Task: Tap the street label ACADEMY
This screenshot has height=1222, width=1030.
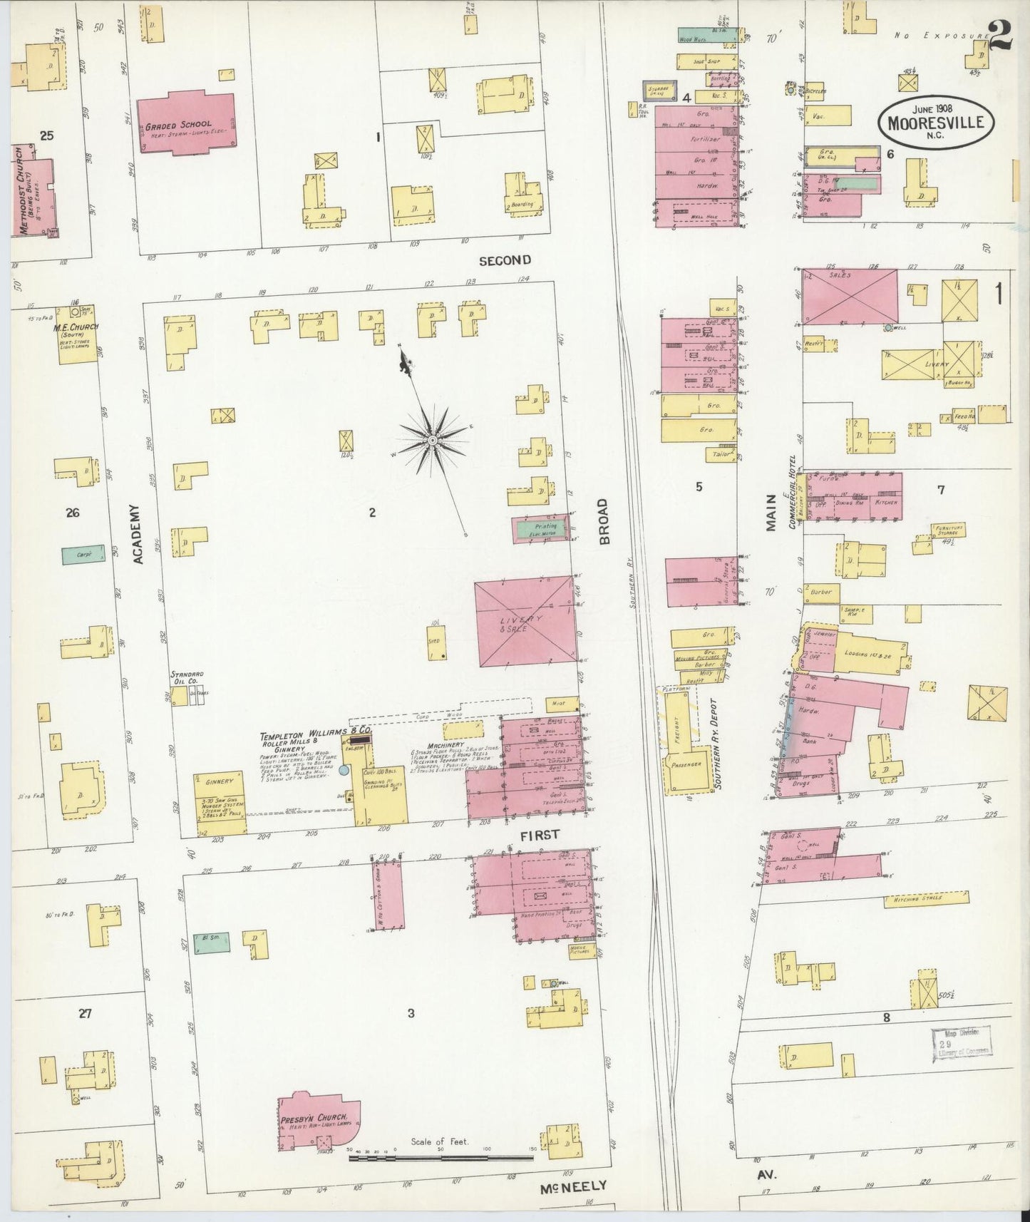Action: pos(139,535)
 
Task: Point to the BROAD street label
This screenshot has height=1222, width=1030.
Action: pos(603,522)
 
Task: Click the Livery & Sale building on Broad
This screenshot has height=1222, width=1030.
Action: pos(524,621)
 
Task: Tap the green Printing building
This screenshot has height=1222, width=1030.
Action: pos(542,530)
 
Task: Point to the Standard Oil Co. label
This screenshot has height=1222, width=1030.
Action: pos(186,678)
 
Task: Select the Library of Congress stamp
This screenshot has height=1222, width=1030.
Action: pos(962,1043)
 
